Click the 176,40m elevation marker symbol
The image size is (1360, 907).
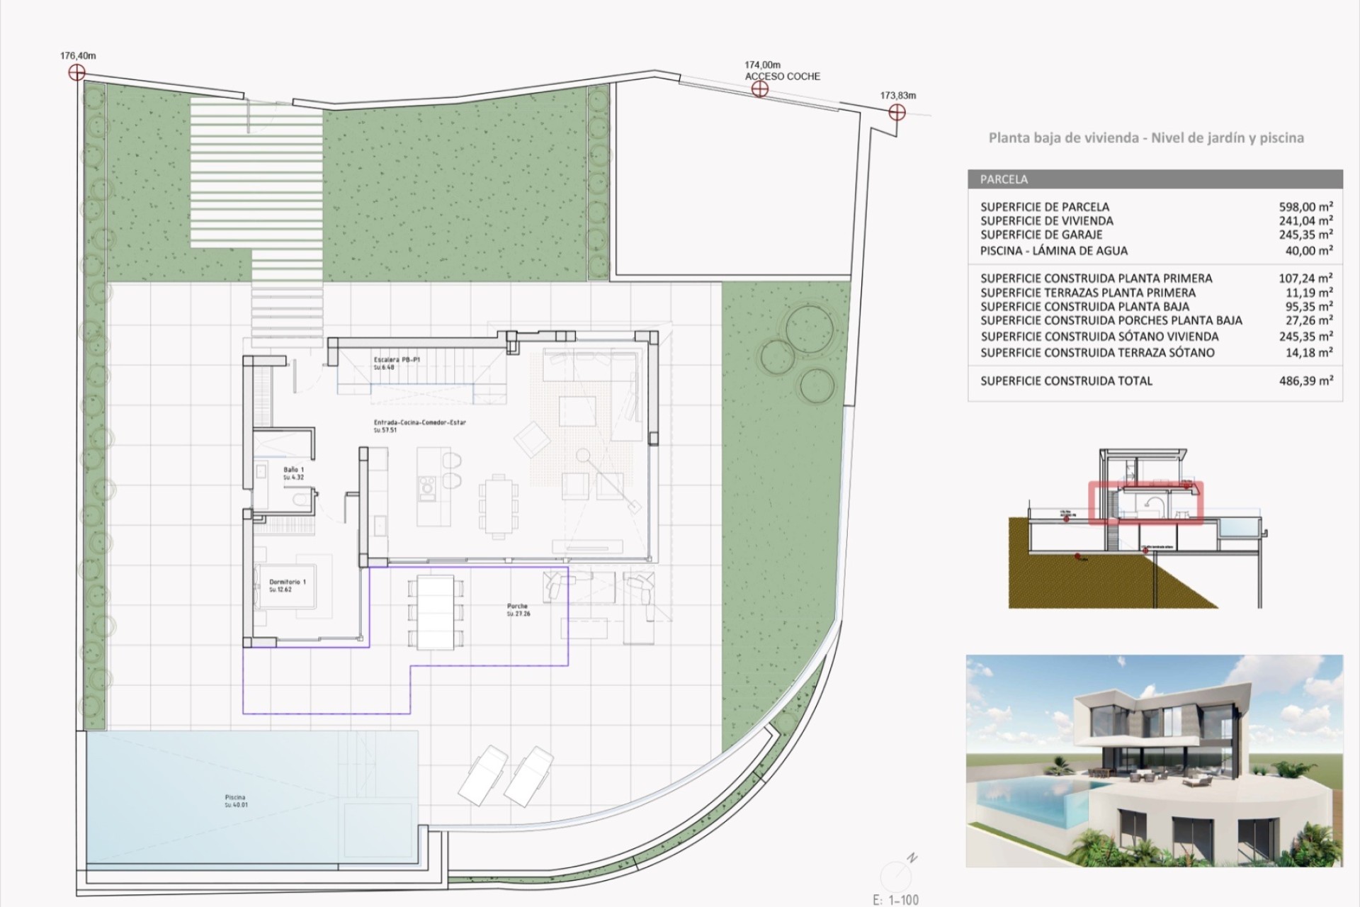[x=76, y=72]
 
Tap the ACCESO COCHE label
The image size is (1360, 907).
[x=782, y=77]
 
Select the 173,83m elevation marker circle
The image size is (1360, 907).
[x=897, y=112]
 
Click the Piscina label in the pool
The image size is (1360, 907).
[x=235, y=798]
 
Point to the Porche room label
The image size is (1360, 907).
[x=518, y=607]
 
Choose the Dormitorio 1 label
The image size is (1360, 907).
[x=287, y=582]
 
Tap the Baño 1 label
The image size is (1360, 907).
[x=293, y=470]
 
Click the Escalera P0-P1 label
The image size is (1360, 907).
[x=397, y=360]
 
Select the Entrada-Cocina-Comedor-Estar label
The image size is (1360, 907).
[x=419, y=423]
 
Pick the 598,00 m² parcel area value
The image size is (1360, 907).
[x=1305, y=207]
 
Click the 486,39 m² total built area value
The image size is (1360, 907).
[x=1305, y=381]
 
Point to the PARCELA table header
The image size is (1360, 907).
[x=1004, y=179]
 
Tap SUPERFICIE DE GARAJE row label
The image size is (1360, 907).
[x=1041, y=235]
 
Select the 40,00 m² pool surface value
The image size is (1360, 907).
[x=1309, y=250]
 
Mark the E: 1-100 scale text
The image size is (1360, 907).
[x=895, y=900]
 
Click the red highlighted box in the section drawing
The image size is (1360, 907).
[x=1145, y=502]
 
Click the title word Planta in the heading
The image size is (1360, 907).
[x=1010, y=138]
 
